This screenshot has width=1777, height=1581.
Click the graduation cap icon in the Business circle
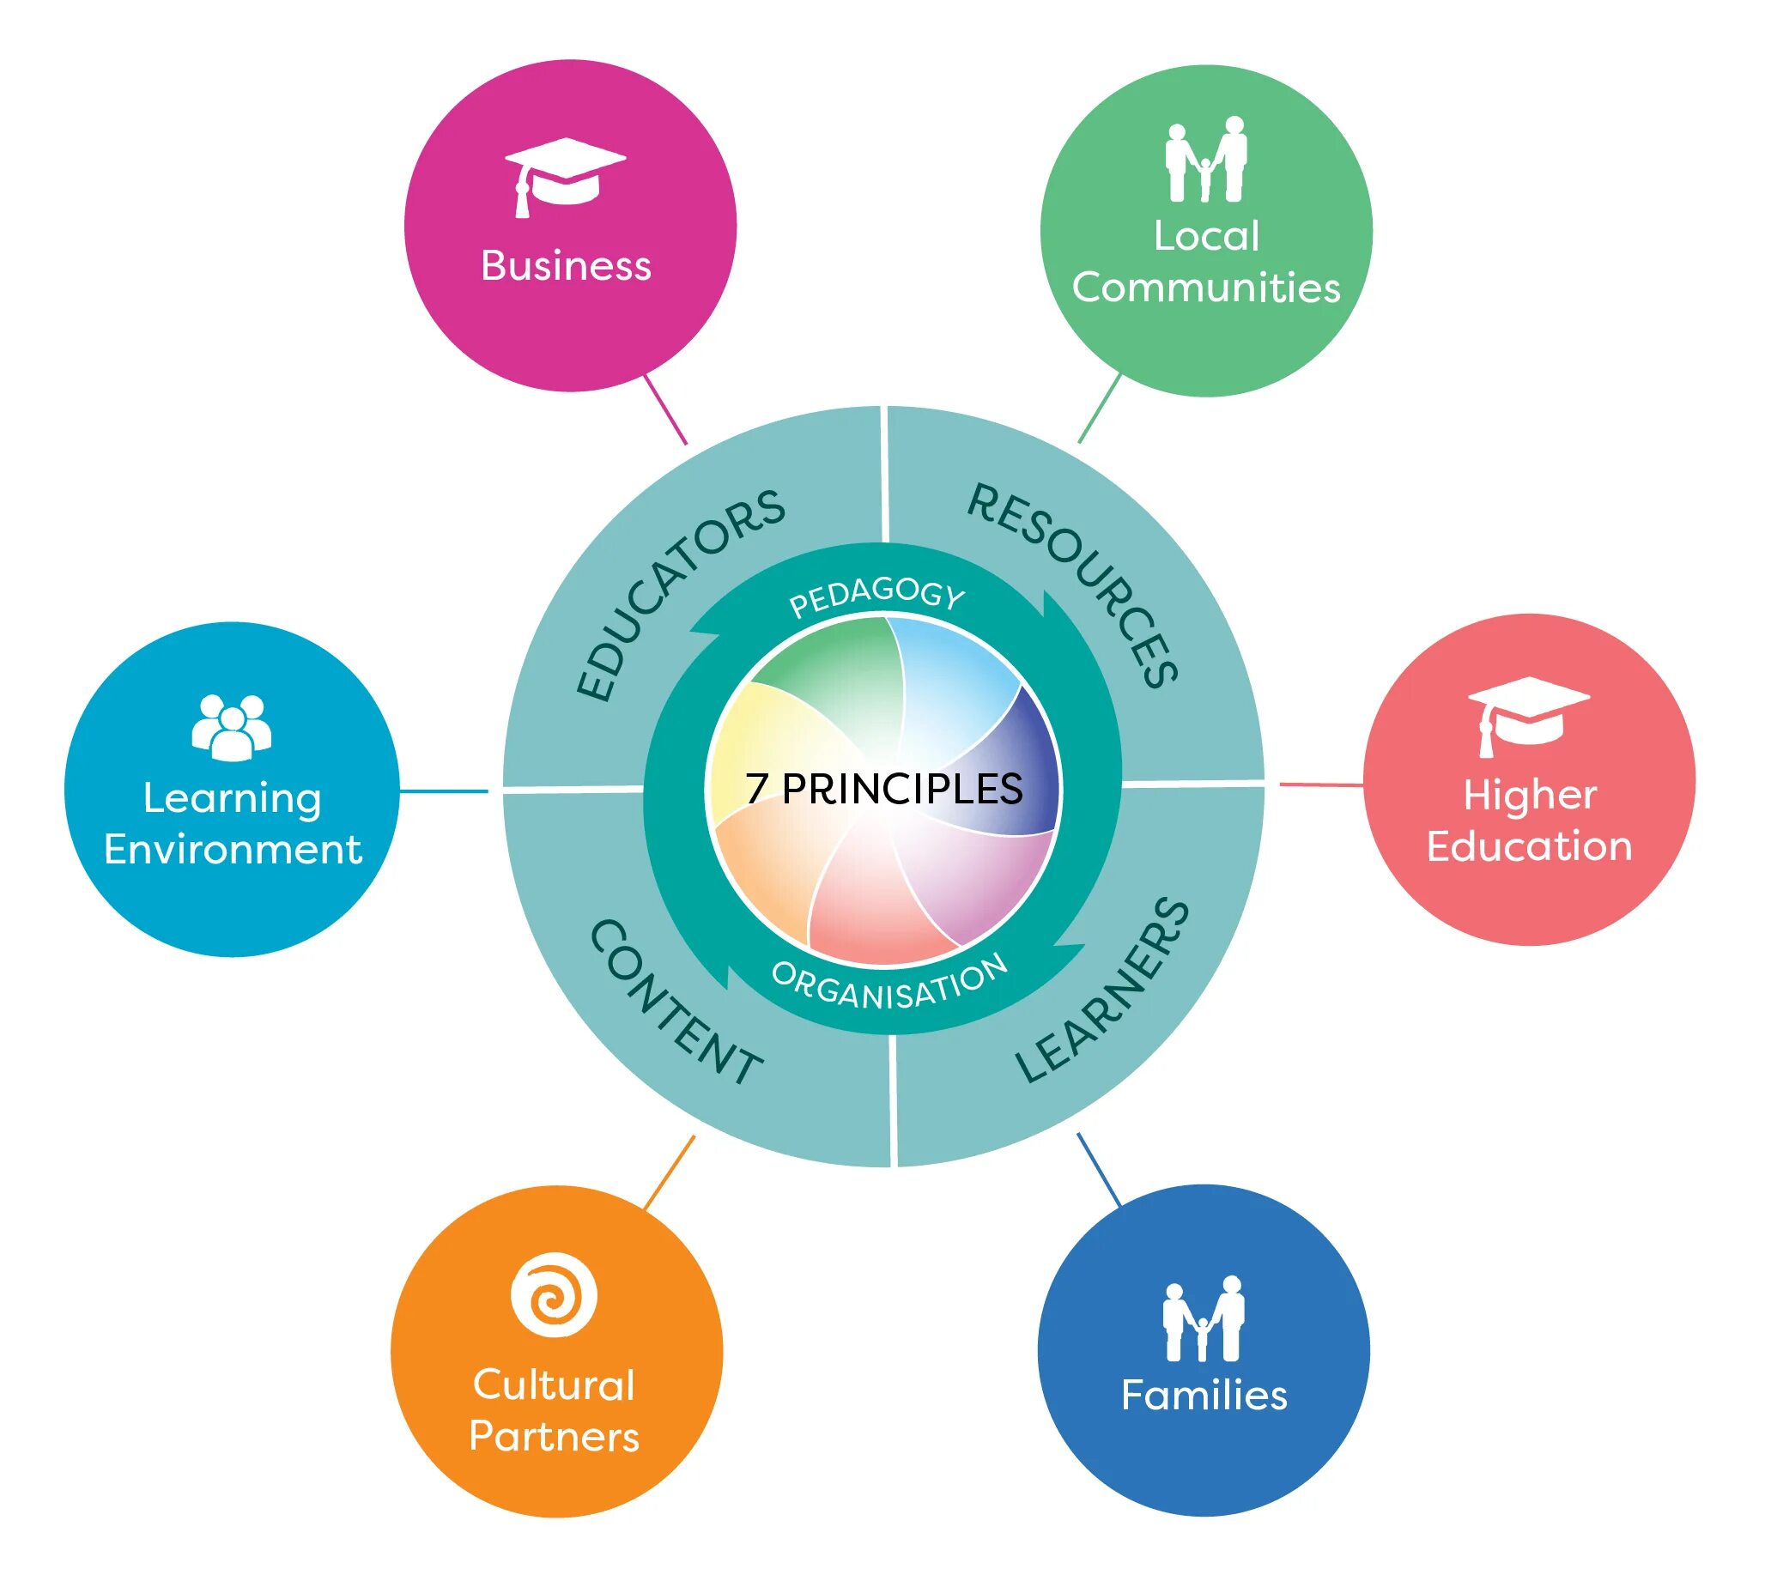(x=564, y=177)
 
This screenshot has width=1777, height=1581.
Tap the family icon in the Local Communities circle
(x=1206, y=159)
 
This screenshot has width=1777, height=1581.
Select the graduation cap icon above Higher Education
(x=1527, y=714)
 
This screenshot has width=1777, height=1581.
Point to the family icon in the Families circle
(x=1204, y=1318)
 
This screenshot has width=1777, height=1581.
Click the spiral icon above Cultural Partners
(x=554, y=1295)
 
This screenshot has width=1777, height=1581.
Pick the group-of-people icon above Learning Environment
(x=231, y=727)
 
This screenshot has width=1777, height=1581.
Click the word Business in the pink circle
(x=566, y=266)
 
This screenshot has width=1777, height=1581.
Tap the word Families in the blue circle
(x=1204, y=1395)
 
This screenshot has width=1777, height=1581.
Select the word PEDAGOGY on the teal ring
(x=876, y=597)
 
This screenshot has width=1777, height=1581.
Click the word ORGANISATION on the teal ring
(x=888, y=984)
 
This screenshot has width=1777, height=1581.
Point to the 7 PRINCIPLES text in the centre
(x=884, y=788)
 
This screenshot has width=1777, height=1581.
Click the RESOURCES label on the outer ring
(x=1075, y=583)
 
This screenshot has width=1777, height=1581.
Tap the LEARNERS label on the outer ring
(x=1102, y=990)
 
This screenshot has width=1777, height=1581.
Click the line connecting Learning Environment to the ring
(x=443, y=791)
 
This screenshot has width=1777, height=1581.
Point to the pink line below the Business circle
(x=665, y=409)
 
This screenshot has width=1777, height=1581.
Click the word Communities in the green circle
(x=1206, y=288)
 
